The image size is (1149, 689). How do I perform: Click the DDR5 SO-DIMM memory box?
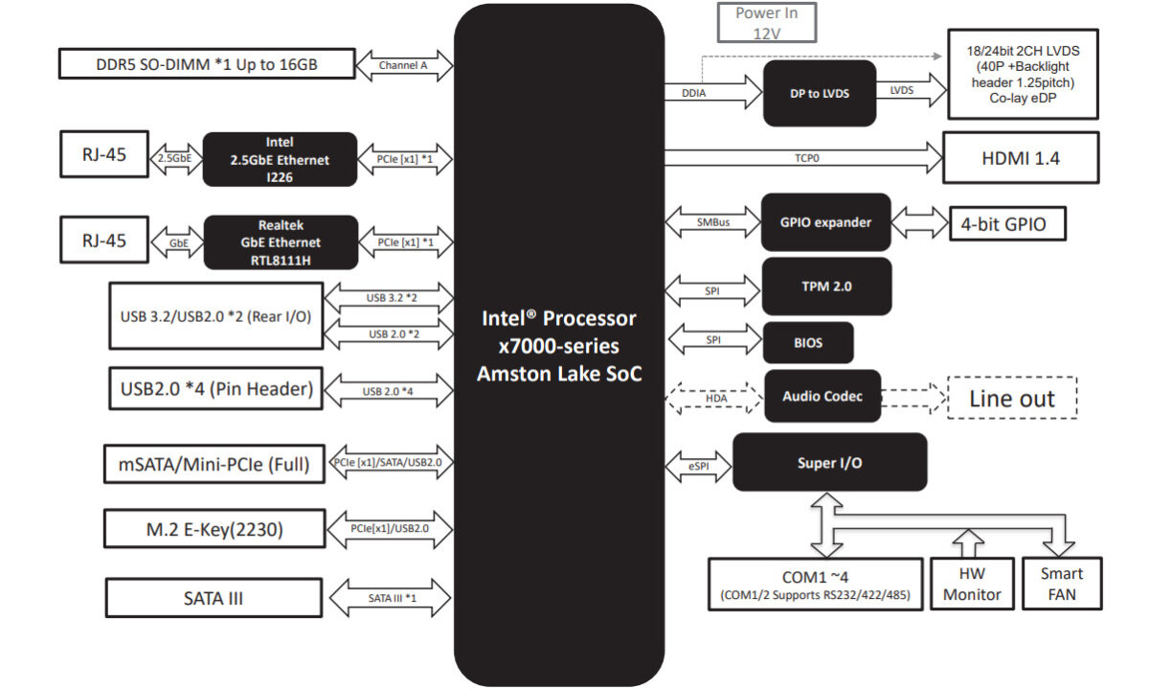(207, 64)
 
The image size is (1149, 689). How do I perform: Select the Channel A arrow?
(403, 65)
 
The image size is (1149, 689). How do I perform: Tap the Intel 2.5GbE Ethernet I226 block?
(280, 158)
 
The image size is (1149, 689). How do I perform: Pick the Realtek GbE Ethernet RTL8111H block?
(280, 241)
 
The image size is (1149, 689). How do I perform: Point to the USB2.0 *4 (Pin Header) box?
(216, 389)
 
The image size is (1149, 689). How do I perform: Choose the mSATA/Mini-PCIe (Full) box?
(214, 465)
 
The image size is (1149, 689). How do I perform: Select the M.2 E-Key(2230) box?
(214, 527)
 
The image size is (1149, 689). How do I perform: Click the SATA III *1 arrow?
(390, 599)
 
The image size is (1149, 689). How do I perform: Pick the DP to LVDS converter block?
(820, 93)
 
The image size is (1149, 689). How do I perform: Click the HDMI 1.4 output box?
(1021, 157)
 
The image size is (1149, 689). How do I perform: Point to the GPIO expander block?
(825, 222)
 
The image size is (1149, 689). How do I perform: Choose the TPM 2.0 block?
(825, 287)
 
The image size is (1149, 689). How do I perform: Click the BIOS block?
(808, 342)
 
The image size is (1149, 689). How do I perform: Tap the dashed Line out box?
(1012, 398)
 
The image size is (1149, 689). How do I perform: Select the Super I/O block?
(829, 463)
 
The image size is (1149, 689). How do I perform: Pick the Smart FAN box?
(1062, 584)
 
